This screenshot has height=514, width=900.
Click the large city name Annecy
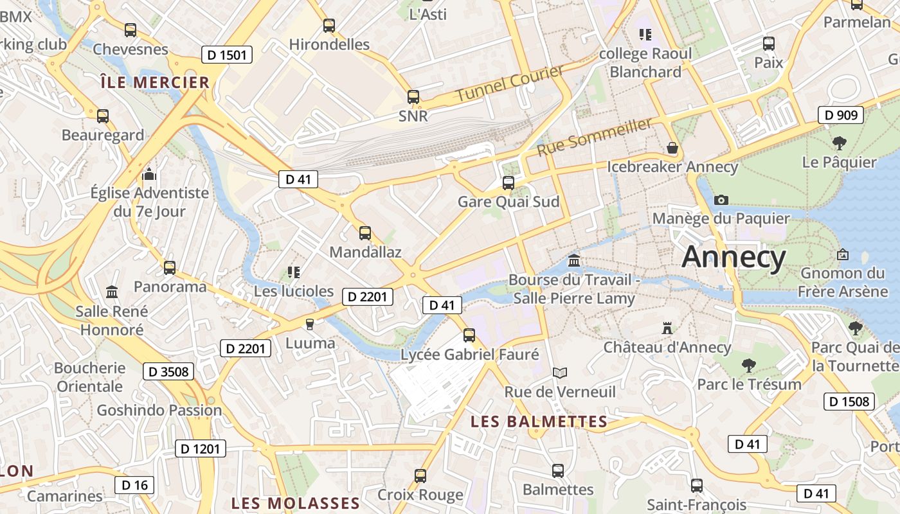click(x=733, y=257)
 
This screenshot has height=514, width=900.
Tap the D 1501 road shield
click(x=228, y=55)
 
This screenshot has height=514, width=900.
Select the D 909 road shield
click(x=840, y=116)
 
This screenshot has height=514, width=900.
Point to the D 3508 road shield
click(x=168, y=371)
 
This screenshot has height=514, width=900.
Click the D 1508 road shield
click(x=849, y=402)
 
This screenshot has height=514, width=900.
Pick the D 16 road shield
click(x=134, y=485)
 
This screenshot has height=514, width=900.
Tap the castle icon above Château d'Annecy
click(x=667, y=328)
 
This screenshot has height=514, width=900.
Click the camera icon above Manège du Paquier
click(x=721, y=200)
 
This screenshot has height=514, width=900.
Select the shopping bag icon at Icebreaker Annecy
click(x=672, y=148)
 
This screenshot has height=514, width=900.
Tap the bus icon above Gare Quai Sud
click(x=509, y=183)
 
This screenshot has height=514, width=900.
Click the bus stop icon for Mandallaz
click(x=365, y=233)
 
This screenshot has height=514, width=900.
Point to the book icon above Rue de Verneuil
click(x=560, y=373)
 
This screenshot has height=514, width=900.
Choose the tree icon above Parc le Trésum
click(x=748, y=366)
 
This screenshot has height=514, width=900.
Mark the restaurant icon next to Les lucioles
click(x=294, y=272)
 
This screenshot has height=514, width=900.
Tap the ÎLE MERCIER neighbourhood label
click(x=155, y=82)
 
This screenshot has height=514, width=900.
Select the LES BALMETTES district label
click(x=539, y=421)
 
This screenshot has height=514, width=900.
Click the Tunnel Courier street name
click(x=510, y=82)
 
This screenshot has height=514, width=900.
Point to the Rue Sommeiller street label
click(x=595, y=137)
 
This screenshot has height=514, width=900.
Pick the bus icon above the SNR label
click(x=413, y=98)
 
